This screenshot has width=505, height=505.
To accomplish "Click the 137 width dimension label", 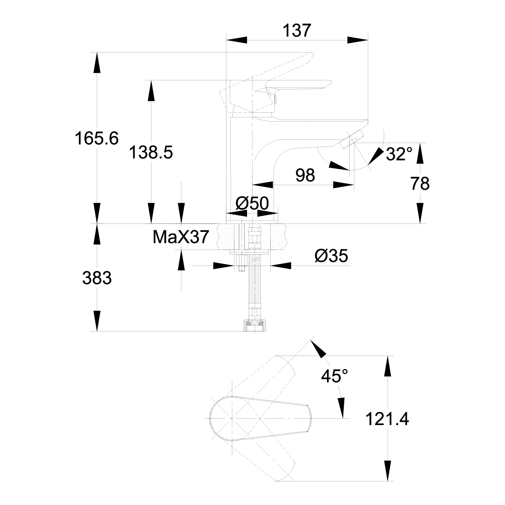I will [x=298, y=30].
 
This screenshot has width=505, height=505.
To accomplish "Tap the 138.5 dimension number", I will [x=151, y=152].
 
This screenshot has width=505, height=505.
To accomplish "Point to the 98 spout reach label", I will [x=305, y=175].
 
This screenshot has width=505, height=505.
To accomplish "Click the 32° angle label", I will [x=399, y=154].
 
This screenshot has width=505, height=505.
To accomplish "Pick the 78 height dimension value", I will [x=419, y=183].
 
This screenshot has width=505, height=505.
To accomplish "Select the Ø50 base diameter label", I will [x=252, y=203].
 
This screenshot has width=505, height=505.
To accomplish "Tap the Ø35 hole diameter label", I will [x=331, y=255].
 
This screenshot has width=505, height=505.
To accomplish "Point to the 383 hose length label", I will [x=97, y=278].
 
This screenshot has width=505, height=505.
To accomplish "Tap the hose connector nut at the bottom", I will [x=254, y=325].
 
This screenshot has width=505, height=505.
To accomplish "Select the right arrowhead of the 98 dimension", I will [x=343, y=184].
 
